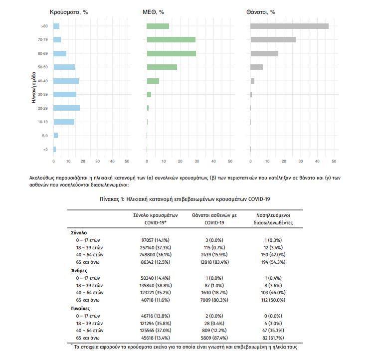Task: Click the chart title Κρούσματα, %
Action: tap(68, 11)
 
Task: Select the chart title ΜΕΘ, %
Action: tap(154, 11)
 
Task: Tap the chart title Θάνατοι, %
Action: tap(261, 11)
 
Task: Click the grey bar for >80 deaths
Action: tap(289, 26)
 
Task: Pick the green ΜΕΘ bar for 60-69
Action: tap(171, 53)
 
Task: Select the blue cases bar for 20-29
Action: tap(66, 108)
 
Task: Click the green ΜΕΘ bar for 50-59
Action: tap(162, 67)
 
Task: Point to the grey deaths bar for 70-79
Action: tap(273, 39)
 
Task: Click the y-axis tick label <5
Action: tap(45, 149)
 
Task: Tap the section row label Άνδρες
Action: tap(80, 270)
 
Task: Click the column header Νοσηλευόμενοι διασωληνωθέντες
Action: tap(273, 218)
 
